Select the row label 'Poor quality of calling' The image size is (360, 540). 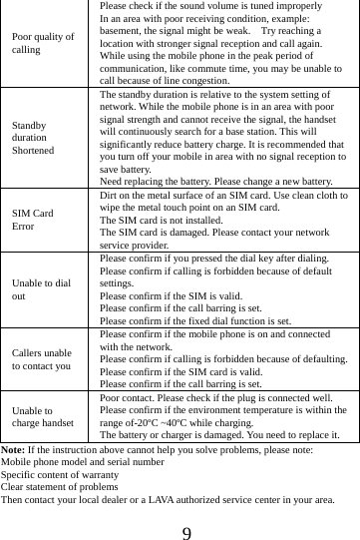[43, 42]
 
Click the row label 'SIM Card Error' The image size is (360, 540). [34, 221]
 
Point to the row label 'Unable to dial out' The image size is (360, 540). [42, 289]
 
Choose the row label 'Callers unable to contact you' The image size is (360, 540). [43, 359]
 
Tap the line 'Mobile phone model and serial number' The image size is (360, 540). [83, 463]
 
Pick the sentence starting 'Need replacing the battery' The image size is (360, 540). [216, 182]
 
